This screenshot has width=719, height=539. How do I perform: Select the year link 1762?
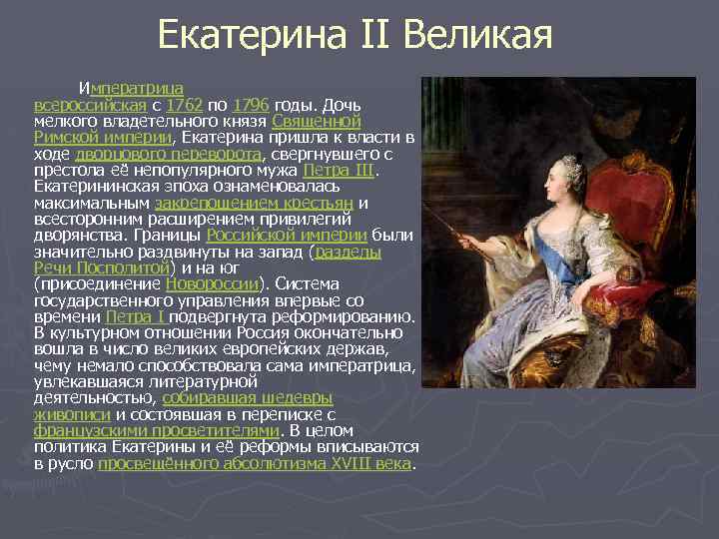point(184,104)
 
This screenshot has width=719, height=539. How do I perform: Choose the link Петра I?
point(139,316)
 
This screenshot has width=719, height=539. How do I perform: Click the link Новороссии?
point(212,283)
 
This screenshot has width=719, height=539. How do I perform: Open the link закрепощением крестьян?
point(261,203)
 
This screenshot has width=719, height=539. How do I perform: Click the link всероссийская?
point(91,104)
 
